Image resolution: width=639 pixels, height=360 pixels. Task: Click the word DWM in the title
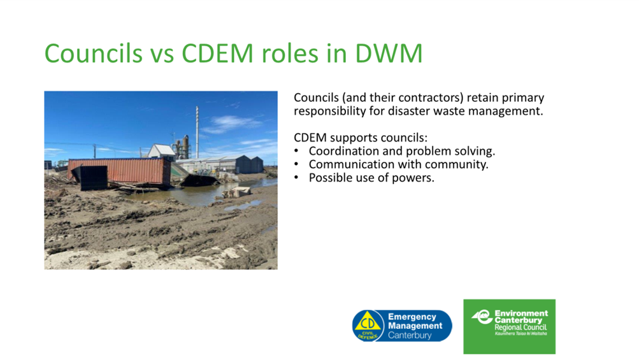click(389, 53)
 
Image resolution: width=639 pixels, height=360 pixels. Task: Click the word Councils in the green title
click(93, 53)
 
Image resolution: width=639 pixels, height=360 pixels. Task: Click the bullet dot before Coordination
click(296, 151)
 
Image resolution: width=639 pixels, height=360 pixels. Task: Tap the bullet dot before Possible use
click(296, 178)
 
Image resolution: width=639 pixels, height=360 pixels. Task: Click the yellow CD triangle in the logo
click(368, 322)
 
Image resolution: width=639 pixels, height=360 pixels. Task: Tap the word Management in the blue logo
click(415, 326)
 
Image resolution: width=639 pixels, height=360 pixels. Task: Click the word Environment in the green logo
click(521, 313)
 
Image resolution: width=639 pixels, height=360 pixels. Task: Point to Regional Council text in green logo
click(521, 328)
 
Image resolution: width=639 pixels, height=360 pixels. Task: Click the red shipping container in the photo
click(119, 171)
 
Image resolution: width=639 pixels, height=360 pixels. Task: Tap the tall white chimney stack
click(197, 132)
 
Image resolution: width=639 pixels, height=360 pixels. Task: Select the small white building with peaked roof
click(161, 151)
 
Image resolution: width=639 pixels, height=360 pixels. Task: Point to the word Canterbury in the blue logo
click(410, 335)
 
